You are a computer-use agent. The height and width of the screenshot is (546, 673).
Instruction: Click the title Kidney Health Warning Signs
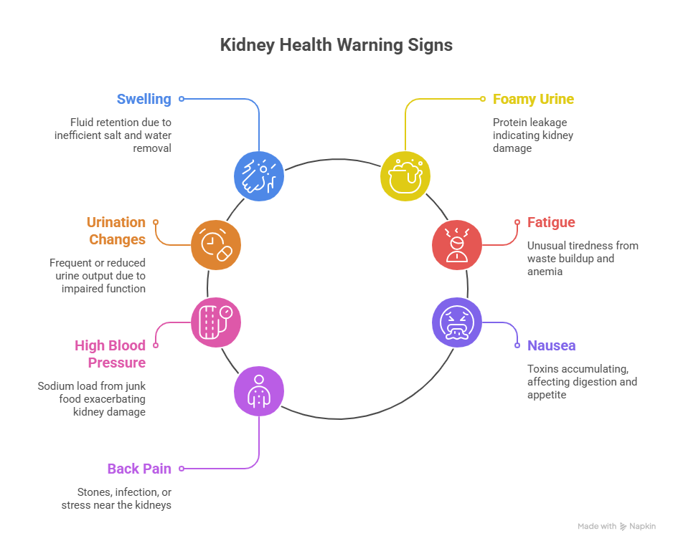(336, 45)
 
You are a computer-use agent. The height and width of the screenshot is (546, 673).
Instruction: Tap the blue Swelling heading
(144, 99)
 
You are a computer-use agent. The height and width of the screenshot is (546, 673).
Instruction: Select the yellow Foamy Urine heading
(533, 99)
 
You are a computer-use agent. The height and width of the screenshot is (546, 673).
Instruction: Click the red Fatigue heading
(551, 222)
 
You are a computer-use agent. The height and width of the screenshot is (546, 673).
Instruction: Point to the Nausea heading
(551, 345)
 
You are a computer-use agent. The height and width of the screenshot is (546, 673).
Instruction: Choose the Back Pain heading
(139, 469)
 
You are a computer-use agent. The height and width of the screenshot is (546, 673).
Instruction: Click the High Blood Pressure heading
(110, 354)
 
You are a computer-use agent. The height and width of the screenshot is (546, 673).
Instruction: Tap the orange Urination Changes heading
(116, 231)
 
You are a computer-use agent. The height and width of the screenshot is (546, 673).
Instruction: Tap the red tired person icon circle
(457, 245)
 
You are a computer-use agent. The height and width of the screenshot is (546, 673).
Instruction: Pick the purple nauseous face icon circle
(457, 322)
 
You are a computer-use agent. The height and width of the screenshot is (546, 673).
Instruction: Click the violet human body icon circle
(259, 391)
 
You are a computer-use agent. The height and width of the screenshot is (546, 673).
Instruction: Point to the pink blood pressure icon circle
(216, 322)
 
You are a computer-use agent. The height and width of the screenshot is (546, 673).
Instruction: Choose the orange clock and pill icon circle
(216, 245)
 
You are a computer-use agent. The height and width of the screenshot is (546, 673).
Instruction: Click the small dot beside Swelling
(182, 99)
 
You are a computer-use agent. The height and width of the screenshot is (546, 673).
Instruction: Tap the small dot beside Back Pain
(182, 469)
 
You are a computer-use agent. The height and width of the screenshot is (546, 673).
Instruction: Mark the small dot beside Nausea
(517, 345)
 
